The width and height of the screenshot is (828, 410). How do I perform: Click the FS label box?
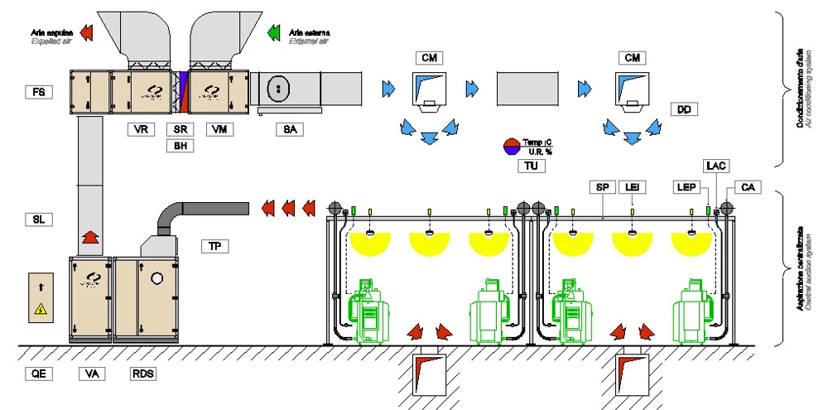(38, 92)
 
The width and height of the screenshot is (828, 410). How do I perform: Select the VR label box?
(142, 129)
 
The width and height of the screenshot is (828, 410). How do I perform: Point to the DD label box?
(684, 109)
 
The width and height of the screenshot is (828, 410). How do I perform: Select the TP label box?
(215, 246)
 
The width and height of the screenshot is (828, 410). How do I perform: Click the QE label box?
(38, 374)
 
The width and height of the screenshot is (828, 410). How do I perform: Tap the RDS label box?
(142, 374)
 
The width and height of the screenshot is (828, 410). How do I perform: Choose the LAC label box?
(715, 166)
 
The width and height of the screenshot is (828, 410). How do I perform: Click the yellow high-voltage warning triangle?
(39, 311)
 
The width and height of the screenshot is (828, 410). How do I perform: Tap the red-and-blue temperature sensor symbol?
(512, 147)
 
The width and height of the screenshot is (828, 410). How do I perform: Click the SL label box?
(38, 219)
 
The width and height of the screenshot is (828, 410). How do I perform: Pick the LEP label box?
(684, 188)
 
